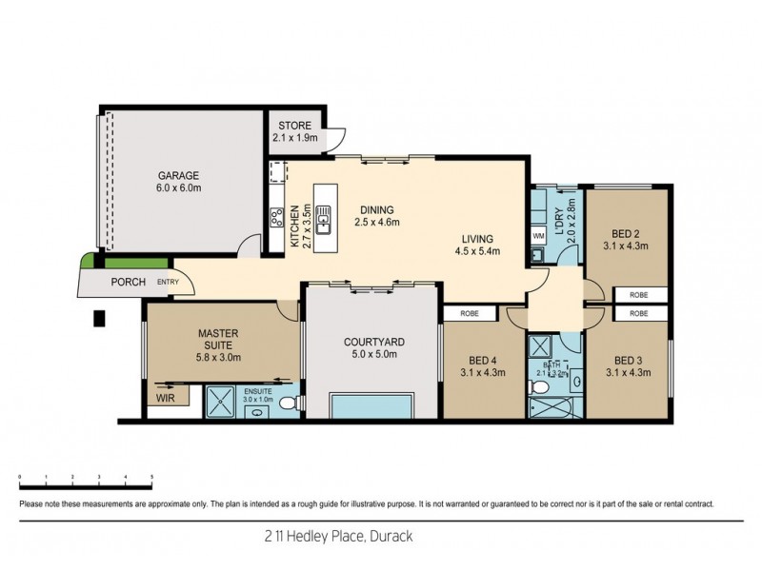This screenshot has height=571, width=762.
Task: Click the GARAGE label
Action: pyautogui.click(x=179, y=175)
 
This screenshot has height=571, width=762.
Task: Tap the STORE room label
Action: pyautogui.click(x=294, y=126)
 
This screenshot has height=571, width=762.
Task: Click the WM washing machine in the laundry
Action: pyautogui.click(x=537, y=235)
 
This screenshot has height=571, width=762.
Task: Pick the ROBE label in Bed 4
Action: pyautogui.click(x=470, y=312)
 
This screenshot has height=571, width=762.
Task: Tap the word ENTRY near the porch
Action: pyautogui.click(x=168, y=282)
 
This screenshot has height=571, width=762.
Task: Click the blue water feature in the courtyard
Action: pyautogui.click(x=371, y=404)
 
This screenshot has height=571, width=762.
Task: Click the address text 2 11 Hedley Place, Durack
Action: pyautogui.click(x=381, y=535)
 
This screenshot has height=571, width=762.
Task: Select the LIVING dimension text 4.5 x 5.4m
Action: pyautogui.click(x=477, y=251)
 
